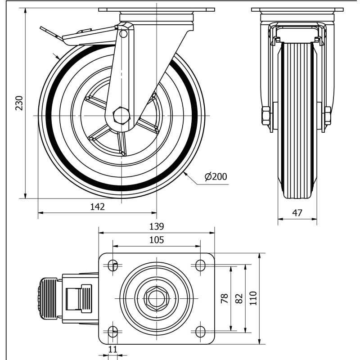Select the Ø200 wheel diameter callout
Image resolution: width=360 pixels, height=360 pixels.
pos(216,177)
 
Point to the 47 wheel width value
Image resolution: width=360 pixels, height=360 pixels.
pos(297,213)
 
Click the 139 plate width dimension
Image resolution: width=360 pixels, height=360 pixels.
pos(156,226)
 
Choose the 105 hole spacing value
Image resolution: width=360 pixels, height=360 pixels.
pos(156,240)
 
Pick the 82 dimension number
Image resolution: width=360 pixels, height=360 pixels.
pos(239,298)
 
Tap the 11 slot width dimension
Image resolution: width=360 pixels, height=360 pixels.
pos(113,350)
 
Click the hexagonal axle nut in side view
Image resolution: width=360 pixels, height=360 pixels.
pos(121,116)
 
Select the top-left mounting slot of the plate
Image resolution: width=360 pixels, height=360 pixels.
pos(112,265)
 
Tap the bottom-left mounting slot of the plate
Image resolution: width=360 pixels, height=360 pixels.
pos(112,332)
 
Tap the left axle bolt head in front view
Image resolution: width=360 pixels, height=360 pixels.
pos(265,116)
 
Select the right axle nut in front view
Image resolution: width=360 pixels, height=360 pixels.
pos(327,116)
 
